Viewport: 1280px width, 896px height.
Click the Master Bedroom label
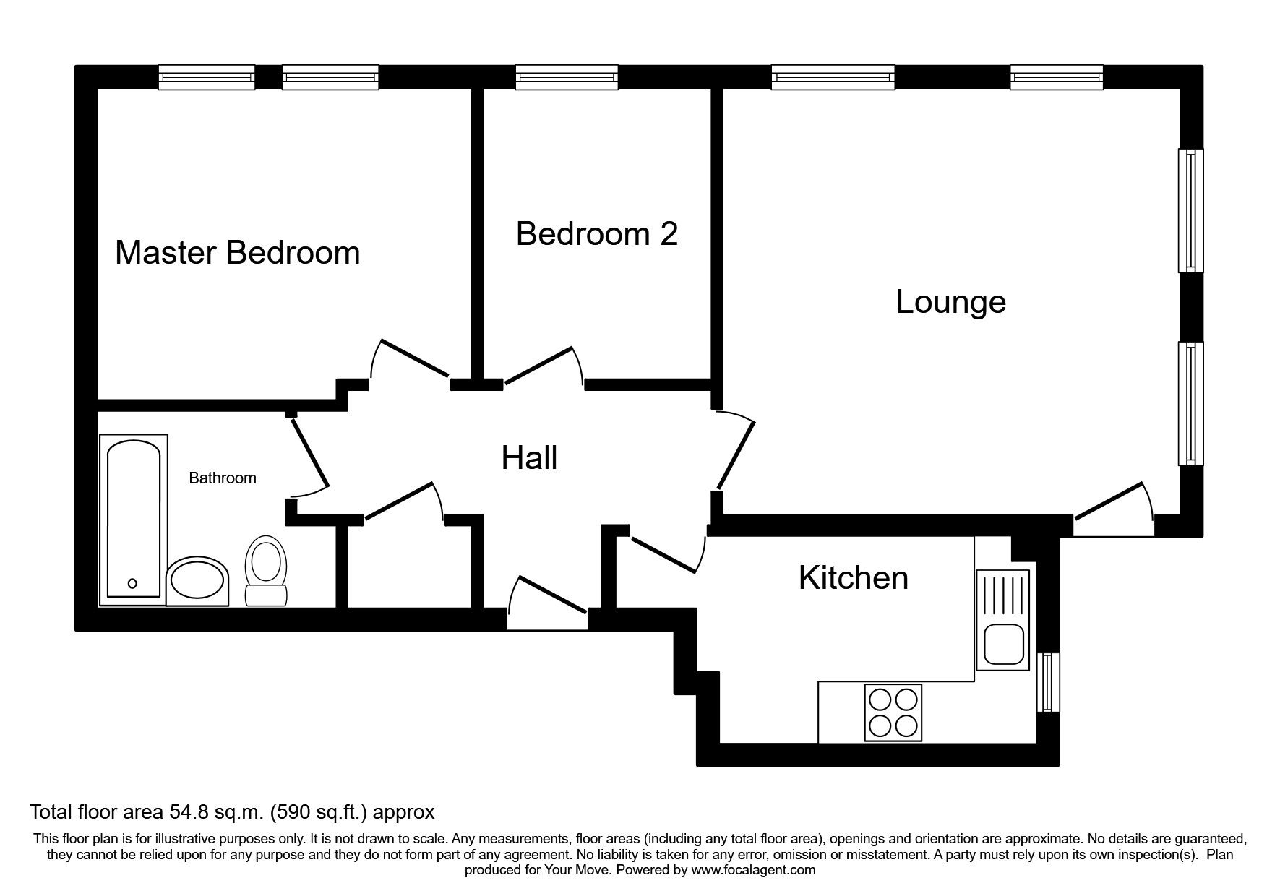[x=237, y=253]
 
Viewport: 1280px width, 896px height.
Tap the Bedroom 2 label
[x=597, y=234]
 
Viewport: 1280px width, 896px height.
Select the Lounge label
[x=950, y=301]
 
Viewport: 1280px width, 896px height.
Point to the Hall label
[x=529, y=458]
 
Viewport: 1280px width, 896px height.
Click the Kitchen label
[x=853, y=578]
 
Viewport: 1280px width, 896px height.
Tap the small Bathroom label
[x=222, y=478]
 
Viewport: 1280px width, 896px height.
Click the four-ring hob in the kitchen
[x=894, y=712]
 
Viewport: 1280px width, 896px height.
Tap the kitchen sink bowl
[x=1001, y=645]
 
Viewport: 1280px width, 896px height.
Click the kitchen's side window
[x=1047, y=682]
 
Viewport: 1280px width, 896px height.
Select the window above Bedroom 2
[x=567, y=77]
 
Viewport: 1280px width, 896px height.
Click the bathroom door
[x=309, y=454]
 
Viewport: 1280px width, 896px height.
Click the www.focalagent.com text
[x=753, y=870]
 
